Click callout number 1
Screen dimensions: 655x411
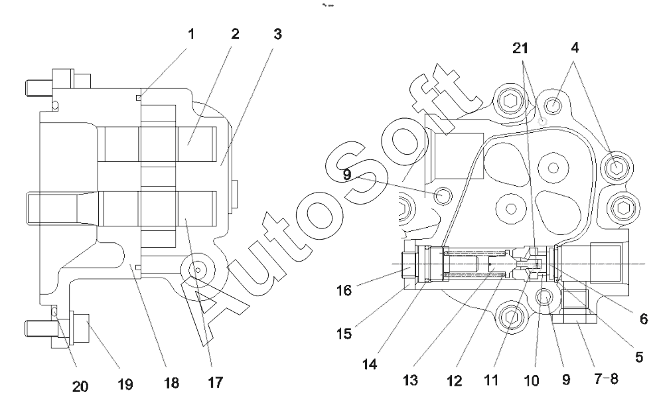tap(191, 34)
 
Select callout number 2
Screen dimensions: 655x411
tap(235, 34)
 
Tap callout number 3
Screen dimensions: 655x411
tap(278, 34)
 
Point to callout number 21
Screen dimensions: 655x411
tap(520, 48)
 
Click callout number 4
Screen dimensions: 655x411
tap(575, 48)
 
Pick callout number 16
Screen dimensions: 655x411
tap(344, 290)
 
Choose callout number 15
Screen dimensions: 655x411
tap(344, 334)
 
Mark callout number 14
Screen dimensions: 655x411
tap(369, 364)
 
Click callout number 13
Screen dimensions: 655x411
tap(410, 380)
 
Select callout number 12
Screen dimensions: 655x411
tap(454, 380)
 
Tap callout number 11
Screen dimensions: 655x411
tap(491, 380)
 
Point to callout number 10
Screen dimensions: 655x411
tap(532, 380)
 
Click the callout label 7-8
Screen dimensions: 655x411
tap(606, 379)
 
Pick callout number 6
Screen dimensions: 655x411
tap(644, 319)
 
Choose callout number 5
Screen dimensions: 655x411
tap(638, 357)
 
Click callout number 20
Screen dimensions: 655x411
tap(80, 386)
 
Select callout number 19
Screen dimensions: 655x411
tap(125, 384)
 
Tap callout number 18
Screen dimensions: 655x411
tap(171, 383)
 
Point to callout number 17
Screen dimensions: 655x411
tap(215, 382)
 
